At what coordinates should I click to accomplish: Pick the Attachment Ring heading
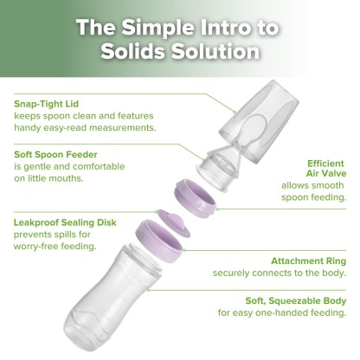pyautogui.click(x=308, y=260)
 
